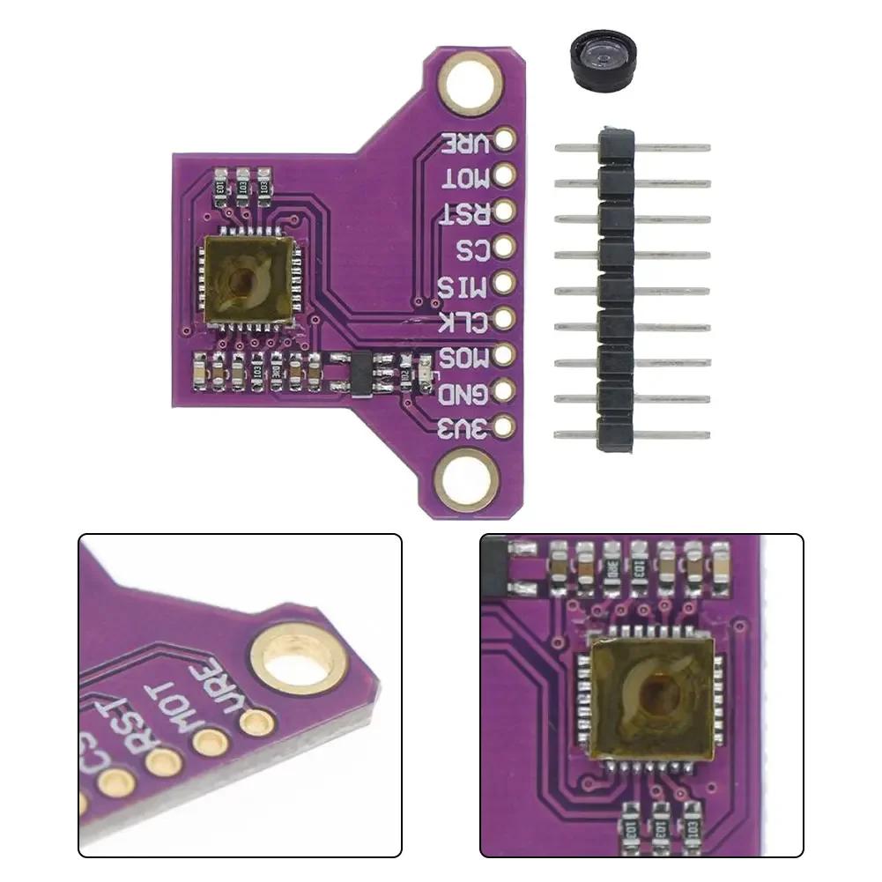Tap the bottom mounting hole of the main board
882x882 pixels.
466,480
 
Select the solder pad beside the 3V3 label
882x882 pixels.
505,426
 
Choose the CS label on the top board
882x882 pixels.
472,249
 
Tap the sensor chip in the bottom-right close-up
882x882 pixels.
650,699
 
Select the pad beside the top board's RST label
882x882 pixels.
505,211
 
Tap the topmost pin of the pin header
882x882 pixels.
633,147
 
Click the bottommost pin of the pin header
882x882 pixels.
633,434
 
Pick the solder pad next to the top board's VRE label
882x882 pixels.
505,139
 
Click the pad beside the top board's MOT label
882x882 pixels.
505,175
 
